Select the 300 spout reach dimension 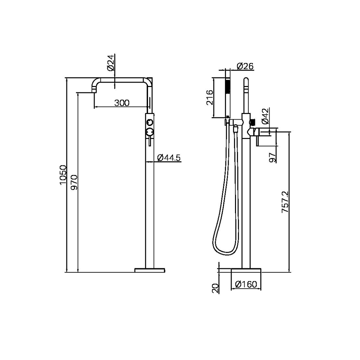coord(122,103)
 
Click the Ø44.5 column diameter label coord(168,158)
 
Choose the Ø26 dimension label coord(245,66)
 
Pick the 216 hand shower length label coord(209,97)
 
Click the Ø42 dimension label coord(265,117)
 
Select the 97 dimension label coord(272,157)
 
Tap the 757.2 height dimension coord(285,202)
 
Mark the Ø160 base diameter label coord(246,284)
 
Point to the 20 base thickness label coord(216,288)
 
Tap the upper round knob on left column coord(150,122)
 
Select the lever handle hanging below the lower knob coord(150,141)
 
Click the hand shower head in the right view coord(228,87)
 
